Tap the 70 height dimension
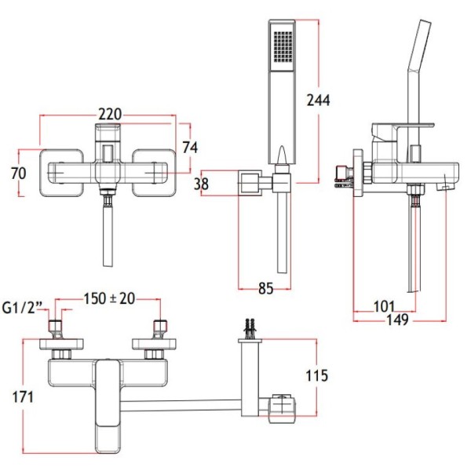[19, 173]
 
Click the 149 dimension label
[397, 319]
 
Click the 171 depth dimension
[23, 397]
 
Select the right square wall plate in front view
[158, 172]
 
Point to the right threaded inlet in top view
[161, 328]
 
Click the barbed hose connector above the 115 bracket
[250, 325]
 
